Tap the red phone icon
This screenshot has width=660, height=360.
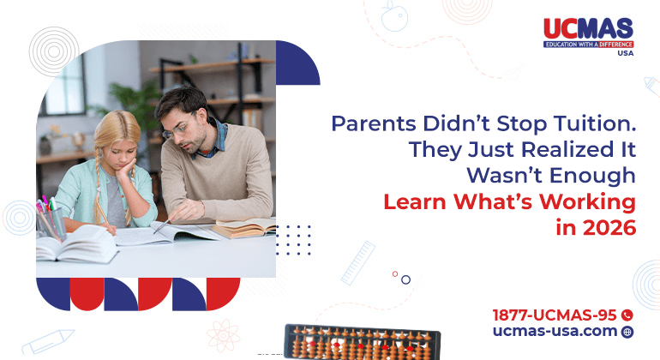pyautogui.click(x=627, y=315)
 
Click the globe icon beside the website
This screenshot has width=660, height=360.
pyautogui.click(x=627, y=332)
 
